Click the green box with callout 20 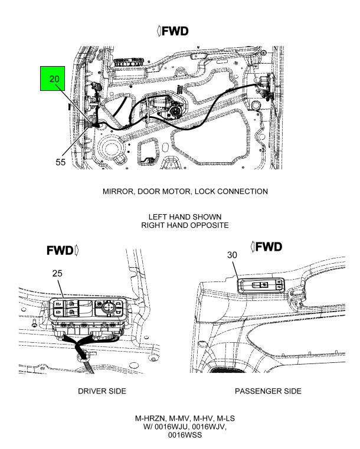(x=53, y=78)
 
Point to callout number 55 (x=60, y=162)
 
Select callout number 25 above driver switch (x=57, y=273)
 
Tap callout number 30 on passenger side (x=232, y=255)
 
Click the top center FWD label (x=173, y=31)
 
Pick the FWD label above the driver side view (x=63, y=251)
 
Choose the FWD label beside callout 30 (x=266, y=247)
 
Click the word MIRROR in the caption (x=118, y=192)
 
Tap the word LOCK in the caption (x=204, y=191)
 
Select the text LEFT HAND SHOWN (x=185, y=217)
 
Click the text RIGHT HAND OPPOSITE (x=185, y=225)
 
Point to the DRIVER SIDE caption (x=102, y=391)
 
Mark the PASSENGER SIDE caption (x=268, y=391)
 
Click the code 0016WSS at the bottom (x=185, y=435)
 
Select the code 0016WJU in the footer (x=171, y=427)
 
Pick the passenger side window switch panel (x=261, y=285)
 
